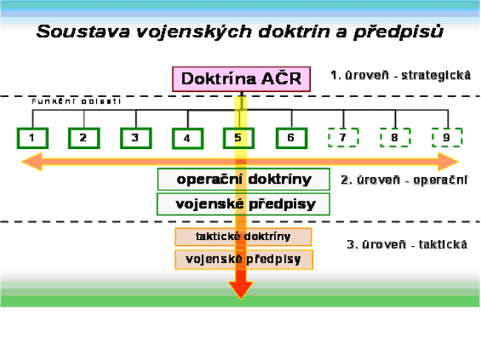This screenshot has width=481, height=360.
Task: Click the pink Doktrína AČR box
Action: coord(241,79)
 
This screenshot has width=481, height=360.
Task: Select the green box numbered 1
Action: coord(32,137)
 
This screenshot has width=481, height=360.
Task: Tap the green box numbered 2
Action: coord(84,137)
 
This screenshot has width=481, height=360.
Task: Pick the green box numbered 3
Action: coord(135,137)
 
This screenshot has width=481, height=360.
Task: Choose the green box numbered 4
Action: coord(187,138)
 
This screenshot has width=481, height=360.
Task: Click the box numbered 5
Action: coord(238,137)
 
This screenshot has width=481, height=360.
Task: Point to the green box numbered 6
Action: coord(291,137)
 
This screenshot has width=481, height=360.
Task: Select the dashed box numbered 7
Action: coord(343,137)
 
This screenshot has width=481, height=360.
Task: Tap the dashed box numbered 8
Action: coord(395,137)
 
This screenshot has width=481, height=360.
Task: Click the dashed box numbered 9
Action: coord(447,137)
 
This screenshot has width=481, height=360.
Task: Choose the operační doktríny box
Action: coord(243,179)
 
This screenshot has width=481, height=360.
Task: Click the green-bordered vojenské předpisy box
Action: coord(243,204)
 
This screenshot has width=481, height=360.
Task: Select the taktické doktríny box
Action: coord(243,237)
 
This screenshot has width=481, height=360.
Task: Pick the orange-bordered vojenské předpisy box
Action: coord(243,259)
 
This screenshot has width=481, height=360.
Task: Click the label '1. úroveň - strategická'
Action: coord(400,76)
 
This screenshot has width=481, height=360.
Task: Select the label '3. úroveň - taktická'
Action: coord(407,244)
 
